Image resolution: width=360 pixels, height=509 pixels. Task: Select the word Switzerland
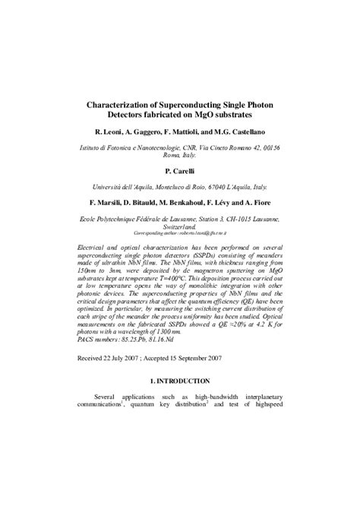pos(180,225)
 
